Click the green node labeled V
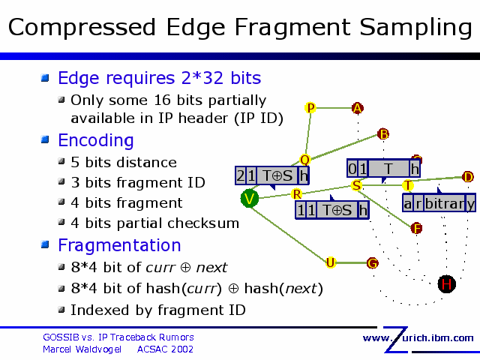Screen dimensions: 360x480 (x=250, y=198)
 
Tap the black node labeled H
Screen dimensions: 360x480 (x=446, y=283)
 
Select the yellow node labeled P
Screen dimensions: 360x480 (x=310, y=108)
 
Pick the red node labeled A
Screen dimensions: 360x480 (x=358, y=108)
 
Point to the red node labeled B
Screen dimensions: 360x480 (x=383, y=134)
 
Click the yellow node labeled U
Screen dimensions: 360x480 (x=330, y=262)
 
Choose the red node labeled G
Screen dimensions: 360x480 (x=372, y=262)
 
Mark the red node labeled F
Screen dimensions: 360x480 (x=417, y=228)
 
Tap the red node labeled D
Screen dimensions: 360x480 (x=467, y=177)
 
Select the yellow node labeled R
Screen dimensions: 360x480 (x=297, y=195)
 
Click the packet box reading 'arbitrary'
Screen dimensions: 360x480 (x=439, y=203)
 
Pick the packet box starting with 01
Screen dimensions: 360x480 (x=383, y=169)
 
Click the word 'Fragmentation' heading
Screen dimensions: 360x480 (x=119, y=245)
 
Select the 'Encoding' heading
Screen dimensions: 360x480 (x=96, y=140)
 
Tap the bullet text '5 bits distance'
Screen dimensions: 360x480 (x=123, y=162)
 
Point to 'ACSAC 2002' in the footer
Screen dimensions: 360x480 (x=165, y=349)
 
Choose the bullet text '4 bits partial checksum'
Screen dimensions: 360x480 (x=154, y=223)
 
